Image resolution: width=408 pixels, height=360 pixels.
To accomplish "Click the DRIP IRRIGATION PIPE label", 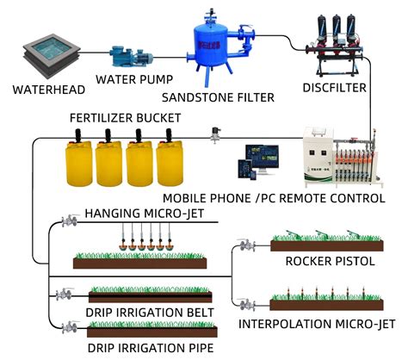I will (x=137, y=347).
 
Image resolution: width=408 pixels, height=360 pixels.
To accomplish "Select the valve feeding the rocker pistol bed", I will (x=246, y=245).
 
